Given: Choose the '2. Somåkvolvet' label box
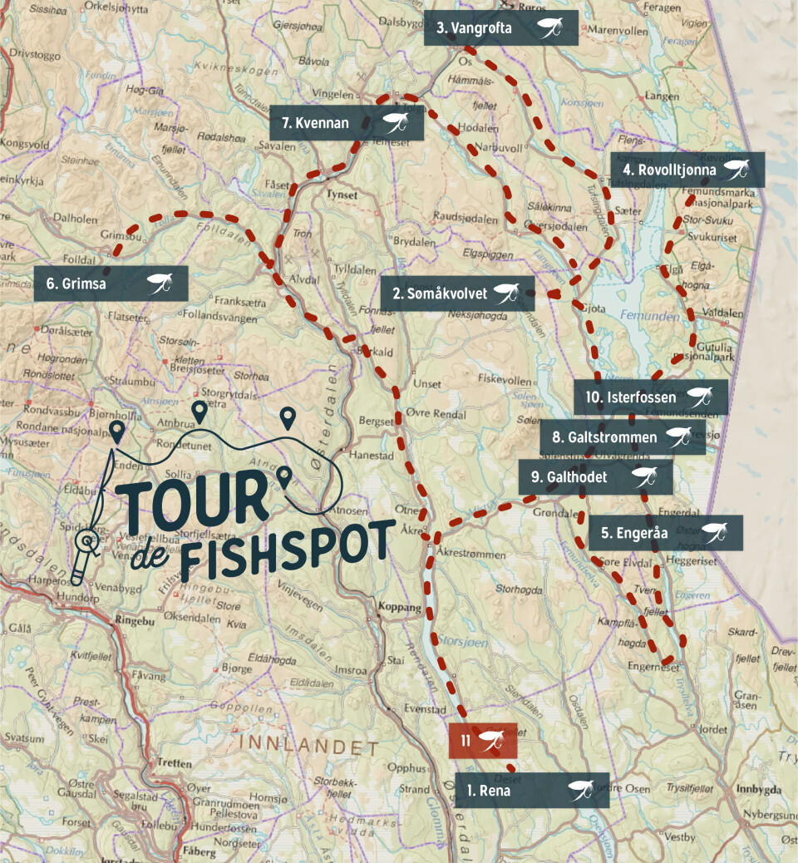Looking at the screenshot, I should coord(458,293).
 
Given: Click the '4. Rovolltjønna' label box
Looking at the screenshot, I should coord(687,170).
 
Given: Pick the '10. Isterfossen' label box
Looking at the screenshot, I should coord(651,397).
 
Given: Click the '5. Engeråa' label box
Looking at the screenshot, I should coord(666,533).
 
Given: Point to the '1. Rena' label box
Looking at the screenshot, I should coord(532,790).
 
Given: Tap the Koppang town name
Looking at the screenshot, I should coord(399,608).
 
